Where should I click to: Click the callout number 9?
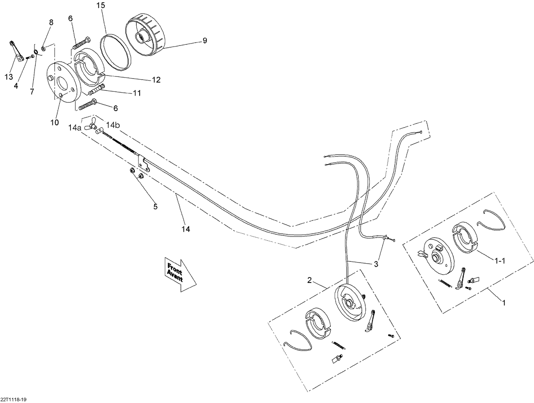[204, 41]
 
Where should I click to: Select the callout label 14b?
[112, 125]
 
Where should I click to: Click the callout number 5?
[155, 206]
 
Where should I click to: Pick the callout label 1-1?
[499, 261]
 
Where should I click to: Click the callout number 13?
[9, 77]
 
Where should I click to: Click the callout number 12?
[156, 80]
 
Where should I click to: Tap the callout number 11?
[137, 93]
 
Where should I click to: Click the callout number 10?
[54, 122]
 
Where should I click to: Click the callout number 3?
[376, 264]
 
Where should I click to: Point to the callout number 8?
[51, 22]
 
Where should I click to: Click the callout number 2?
[309, 280]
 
